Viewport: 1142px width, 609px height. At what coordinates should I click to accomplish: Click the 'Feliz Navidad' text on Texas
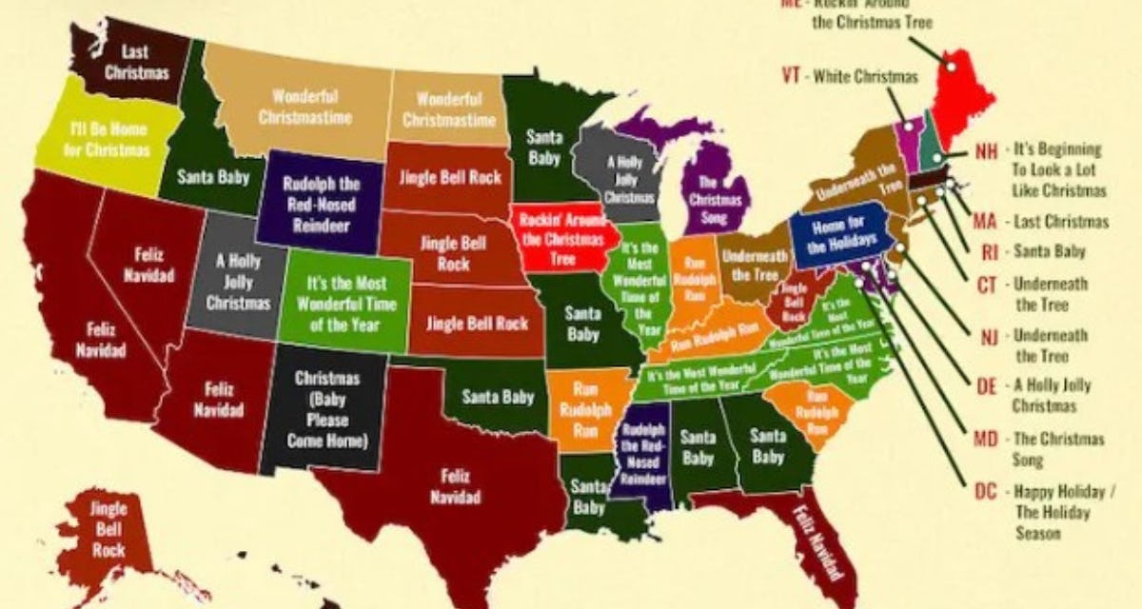point(455,485)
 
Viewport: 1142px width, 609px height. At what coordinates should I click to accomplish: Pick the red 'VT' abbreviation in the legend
point(790,77)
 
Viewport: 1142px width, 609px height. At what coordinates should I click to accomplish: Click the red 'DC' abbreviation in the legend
point(986,492)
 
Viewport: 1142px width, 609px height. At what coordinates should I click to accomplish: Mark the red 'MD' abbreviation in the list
point(986,440)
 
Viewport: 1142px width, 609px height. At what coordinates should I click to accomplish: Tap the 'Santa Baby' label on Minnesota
point(543,147)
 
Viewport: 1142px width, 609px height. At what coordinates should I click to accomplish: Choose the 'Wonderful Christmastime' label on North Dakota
point(448,109)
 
